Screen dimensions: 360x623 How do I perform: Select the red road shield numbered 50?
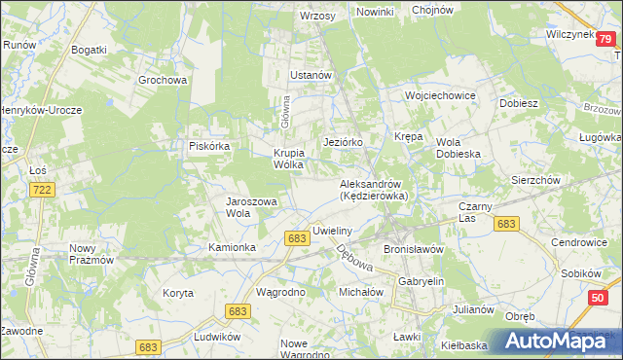[598, 307]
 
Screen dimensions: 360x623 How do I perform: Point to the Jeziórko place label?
[343, 142]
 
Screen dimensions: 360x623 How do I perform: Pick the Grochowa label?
[163, 81]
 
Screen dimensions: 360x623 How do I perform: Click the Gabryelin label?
[421, 280]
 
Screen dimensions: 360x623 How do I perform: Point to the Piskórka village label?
[208, 146]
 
